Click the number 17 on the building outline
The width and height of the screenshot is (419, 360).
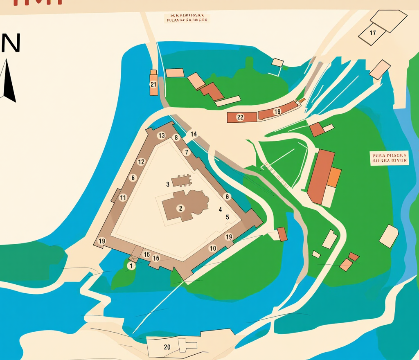tap(372, 33)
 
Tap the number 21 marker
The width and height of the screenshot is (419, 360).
tap(153, 85)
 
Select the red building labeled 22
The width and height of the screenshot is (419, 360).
tap(241, 117)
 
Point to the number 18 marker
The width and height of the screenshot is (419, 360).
tap(277, 111)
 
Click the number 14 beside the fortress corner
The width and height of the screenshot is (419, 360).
tap(194, 134)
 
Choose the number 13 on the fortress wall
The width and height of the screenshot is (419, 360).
tap(161, 135)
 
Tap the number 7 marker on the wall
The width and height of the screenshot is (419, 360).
tap(187, 152)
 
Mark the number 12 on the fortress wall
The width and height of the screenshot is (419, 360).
tap(141, 162)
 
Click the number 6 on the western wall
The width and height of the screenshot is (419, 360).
tap(133, 178)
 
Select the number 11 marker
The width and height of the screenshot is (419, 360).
tap(123, 198)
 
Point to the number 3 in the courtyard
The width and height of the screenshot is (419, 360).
tap(168, 184)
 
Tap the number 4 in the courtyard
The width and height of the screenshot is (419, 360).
tap(220, 209)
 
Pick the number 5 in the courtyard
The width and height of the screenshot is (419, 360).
tap(228, 217)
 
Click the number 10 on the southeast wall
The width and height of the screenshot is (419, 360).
tap(213, 248)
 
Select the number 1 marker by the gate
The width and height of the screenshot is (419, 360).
tap(131, 266)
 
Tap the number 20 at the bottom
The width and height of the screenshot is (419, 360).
tap(167, 347)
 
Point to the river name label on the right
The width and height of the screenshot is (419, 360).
tap(389, 158)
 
